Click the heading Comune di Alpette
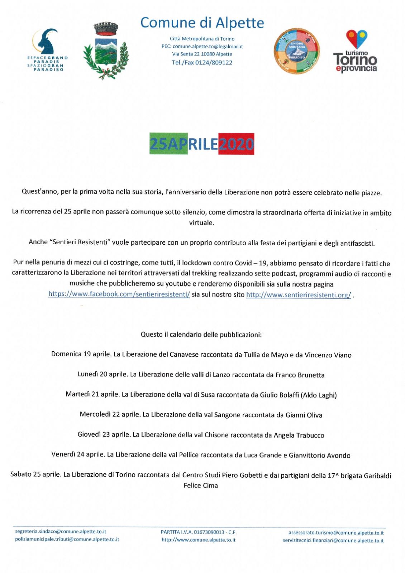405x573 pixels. (x=202, y=23)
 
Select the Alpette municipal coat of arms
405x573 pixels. (x=105, y=51)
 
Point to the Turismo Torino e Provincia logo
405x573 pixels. (x=356, y=52)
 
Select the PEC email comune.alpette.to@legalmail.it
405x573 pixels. (x=208, y=46)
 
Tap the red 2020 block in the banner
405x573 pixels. (x=236, y=144)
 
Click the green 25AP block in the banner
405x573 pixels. (x=168, y=144)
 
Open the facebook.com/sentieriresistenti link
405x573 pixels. (x=119, y=294)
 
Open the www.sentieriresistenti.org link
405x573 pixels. (x=298, y=295)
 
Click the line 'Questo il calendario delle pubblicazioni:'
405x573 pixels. (x=201, y=335)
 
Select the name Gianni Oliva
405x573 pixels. (x=304, y=415)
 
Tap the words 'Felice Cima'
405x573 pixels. (x=201, y=486)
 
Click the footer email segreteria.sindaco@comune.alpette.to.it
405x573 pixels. (x=61, y=532)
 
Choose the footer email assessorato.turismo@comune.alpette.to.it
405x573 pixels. (x=336, y=533)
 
